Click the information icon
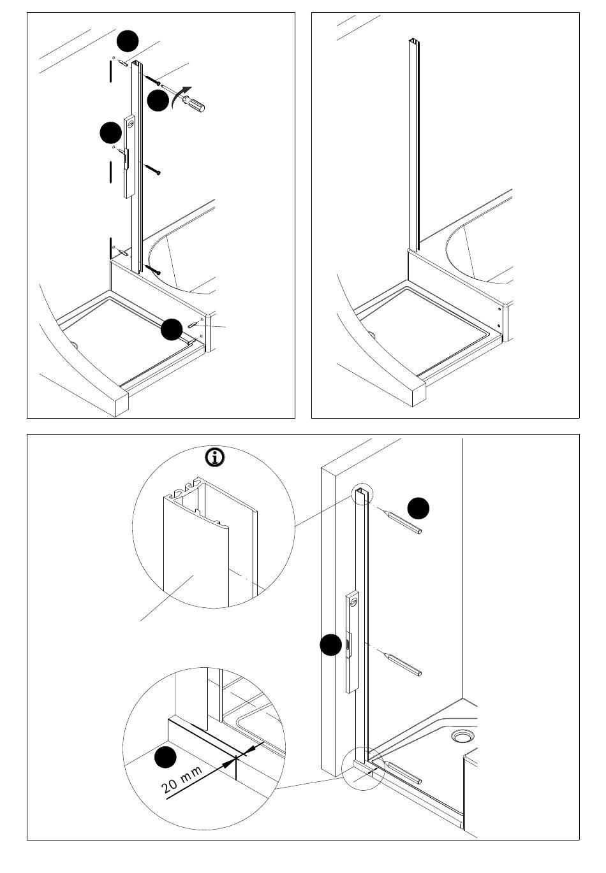click(215, 458)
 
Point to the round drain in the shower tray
click(462, 737)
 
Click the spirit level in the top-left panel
click(129, 157)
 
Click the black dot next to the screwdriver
click(158, 100)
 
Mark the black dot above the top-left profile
click(128, 41)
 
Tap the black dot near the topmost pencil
click(418, 509)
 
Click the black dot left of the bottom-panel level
click(331, 645)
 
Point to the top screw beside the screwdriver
click(152, 80)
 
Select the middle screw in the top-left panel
click(152, 169)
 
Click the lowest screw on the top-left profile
click(152, 269)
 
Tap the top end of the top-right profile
click(413, 41)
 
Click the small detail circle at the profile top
click(362, 495)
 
